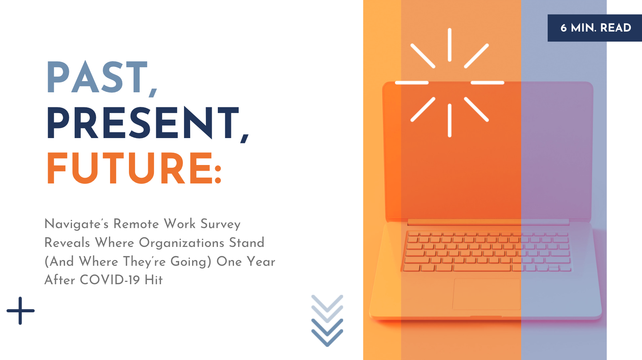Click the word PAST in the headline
coord(97,77)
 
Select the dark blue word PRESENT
coord(142,123)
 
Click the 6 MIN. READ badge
coord(595,28)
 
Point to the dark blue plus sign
coord(20,310)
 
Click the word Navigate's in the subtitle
coord(77,224)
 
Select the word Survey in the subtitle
coord(221,224)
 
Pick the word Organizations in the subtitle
coord(181,243)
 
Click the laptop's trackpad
coord(487,294)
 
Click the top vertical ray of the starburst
coord(450,45)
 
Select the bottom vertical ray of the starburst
coord(450,120)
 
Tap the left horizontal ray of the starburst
coord(411,83)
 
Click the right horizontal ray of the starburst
coord(487,83)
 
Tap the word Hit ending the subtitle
coord(153,280)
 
